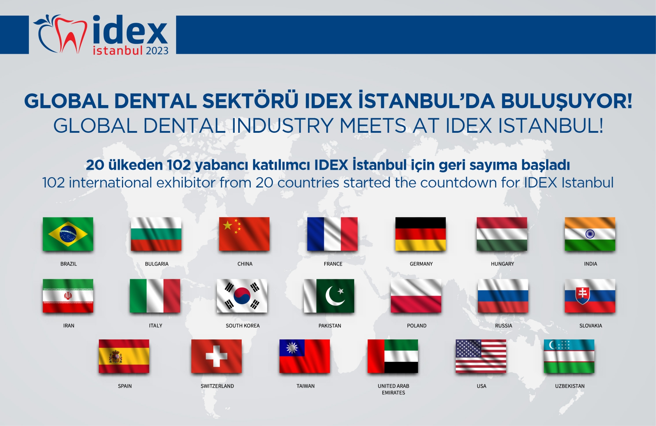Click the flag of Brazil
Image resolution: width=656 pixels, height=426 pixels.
point(68,234)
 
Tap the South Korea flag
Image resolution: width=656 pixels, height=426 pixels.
point(242,296)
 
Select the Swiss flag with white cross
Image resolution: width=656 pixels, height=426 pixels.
point(216,356)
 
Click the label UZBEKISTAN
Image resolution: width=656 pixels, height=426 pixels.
point(570,386)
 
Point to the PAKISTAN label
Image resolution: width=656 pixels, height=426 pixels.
point(330,326)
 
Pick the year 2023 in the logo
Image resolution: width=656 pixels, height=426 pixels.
point(157,51)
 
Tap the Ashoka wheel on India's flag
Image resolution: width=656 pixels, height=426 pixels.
point(590,234)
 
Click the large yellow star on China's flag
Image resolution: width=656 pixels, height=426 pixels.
point(228,225)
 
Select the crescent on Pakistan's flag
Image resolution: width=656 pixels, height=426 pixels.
point(334,296)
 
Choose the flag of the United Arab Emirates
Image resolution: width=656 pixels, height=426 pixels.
point(393,356)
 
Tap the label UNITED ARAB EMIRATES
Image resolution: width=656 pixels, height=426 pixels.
point(393,389)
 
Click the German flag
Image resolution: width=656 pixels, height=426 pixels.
point(420,234)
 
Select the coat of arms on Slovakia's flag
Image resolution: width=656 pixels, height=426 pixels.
point(582,295)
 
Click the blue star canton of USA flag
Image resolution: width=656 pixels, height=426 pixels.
point(468,348)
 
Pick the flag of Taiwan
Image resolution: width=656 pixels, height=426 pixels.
point(304,356)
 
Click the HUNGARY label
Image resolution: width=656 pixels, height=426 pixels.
point(502,264)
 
